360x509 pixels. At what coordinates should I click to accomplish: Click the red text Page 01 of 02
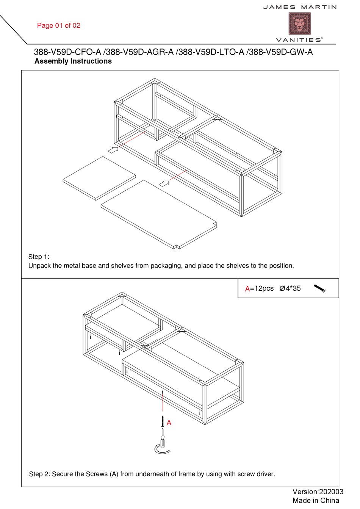pyautogui.click(x=59, y=25)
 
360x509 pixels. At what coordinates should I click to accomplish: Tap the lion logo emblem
pyautogui.click(x=299, y=23)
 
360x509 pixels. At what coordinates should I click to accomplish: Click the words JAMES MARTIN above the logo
pyautogui.click(x=300, y=7)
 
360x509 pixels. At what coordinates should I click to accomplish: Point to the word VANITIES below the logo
pyautogui.click(x=299, y=40)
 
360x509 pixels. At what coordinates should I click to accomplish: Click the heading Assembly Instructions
pyautogui.click(x=73, y=61)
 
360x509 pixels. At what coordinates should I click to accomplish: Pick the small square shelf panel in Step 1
pyautogui.click(x=99, y=178)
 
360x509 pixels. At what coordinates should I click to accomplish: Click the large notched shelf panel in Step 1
pyautogui.click(x=158, y=214)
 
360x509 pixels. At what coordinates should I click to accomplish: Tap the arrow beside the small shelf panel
pyautogui.click(x=113, y=150)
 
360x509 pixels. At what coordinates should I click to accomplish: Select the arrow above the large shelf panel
pyautogui.click(x=164, y=183)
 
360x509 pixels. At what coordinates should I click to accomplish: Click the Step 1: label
pyautogui.click(x=39, y=257)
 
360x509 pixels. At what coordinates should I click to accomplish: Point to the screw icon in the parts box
pyautogui.click(x=319, y=289)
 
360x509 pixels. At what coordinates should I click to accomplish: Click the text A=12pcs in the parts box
pyautogui.click(x=259, y=289)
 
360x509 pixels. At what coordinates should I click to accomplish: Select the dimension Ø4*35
pyautogui.click(x=290, y=288)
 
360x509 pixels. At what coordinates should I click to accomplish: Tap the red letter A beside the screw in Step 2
pyautogui.click(x=169, y=423)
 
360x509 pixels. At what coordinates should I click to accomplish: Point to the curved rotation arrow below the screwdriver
pyautogui.click(x=162, y=449)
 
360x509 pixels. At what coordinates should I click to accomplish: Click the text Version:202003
pyautogui.click(x=318, y=492)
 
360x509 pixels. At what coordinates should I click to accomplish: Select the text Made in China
pyautogui.click(x=316, y=501)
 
